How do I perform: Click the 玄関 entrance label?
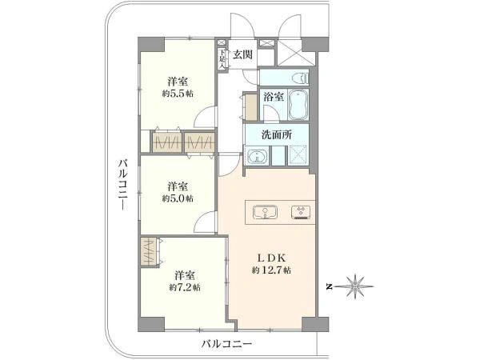[x=243, y=54]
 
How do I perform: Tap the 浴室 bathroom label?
[x=273, y=96]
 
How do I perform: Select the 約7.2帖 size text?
[x=185, y=286]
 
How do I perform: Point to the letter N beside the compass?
[x=328, y=286]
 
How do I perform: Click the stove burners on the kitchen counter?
[x=302, y=212]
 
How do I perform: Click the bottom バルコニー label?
[x=226, y=343]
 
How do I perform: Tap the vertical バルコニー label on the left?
[x=122, y=183]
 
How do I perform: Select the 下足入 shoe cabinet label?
[x=222, y=58]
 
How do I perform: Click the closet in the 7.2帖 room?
[x=150, y=251]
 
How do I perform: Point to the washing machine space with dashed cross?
[x=298, y=154]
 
